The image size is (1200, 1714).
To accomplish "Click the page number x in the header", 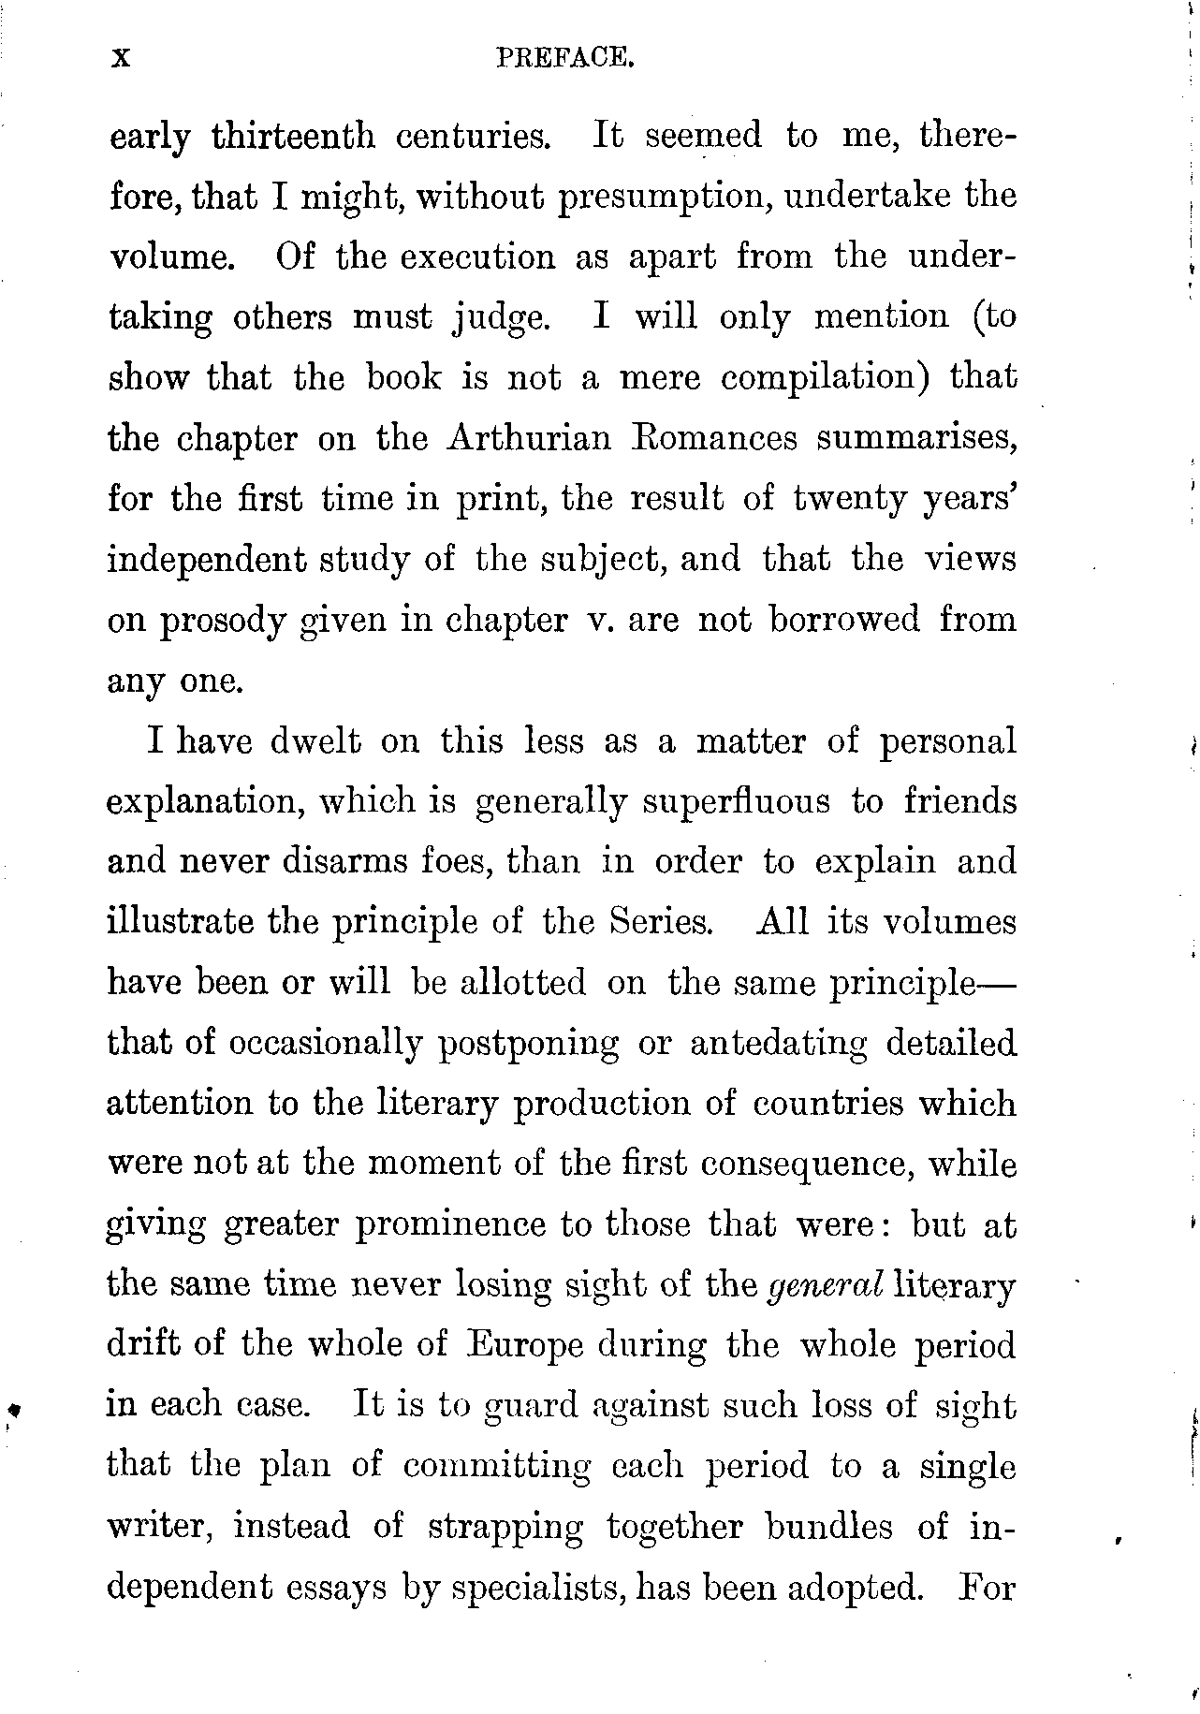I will coord(119,59).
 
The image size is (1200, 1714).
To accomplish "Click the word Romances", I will coord(717,438).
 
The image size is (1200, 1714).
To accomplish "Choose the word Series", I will coord(662,921).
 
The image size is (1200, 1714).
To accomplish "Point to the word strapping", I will coord(505,1527).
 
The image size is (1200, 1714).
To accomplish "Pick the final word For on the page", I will coord(988,1587).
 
